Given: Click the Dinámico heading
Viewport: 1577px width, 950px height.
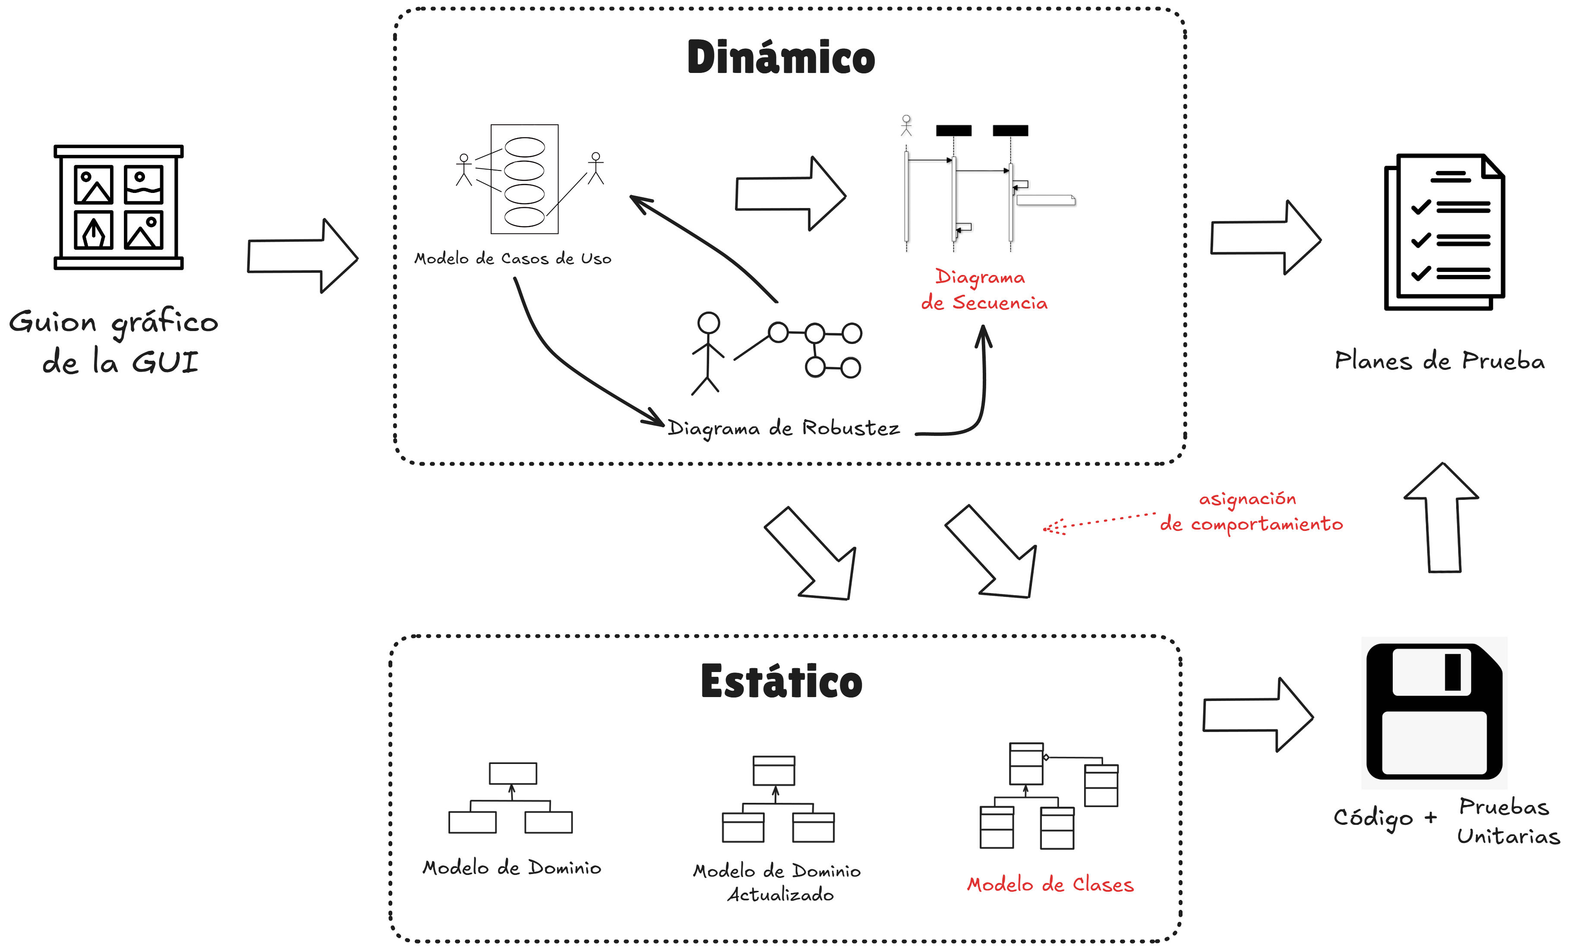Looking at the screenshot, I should (781, 57).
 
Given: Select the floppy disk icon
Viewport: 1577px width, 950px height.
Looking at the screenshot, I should (1434, 711).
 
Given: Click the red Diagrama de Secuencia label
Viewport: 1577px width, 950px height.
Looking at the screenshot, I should (983, 290).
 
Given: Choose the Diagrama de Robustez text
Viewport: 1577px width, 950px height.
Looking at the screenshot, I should (783, 428).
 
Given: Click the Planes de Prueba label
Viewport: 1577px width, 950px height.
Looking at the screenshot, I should (1439, 361).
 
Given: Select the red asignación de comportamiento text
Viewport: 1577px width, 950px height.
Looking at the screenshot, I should (1251, 511).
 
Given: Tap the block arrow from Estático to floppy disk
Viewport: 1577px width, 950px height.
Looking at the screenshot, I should (1258, 715).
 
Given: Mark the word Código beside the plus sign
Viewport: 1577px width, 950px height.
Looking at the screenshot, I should (1373, 818).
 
